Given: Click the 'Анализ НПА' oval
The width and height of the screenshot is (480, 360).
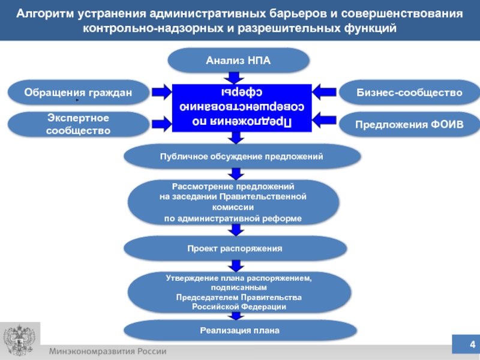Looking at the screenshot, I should click(x=238, y=61).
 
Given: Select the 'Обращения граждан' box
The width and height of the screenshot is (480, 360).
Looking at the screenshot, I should click(x=78, y=92).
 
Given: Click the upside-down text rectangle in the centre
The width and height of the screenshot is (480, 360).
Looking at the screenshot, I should click(x=242, y=107).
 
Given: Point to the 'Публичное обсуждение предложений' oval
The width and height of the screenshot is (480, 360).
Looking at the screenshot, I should click(x=242, y=156).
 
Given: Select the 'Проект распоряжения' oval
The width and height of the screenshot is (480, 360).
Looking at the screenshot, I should click(x=235, y=247).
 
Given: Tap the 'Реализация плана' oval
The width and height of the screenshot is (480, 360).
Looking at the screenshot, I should click(x=239, y=330).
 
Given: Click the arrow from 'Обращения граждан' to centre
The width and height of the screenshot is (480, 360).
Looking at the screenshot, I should click(x=161, y=92).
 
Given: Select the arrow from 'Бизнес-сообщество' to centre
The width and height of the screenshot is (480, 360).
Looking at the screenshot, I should click(x=324, y=92).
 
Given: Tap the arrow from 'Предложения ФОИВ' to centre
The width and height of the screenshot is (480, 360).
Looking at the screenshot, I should click(x=324, y=124).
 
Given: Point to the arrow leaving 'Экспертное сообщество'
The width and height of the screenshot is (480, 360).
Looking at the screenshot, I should click(x=161, y=124).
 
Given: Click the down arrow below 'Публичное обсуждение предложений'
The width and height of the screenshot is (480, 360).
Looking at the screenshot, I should click(x=238, y=174).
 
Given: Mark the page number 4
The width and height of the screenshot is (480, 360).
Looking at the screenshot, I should click(x=472, y=344).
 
